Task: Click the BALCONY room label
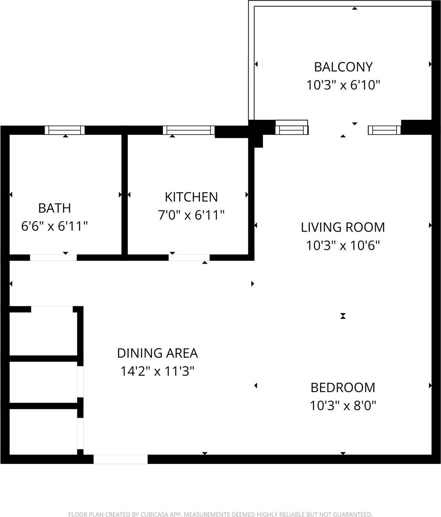[x=343, y=67]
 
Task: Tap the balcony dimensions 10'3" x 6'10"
[x=343, y=85]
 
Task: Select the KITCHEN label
[x=191, y=197]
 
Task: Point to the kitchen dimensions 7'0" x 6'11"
[x=191, y=215]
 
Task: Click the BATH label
[x=55, y=208]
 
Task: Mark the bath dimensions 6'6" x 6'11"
[x=55, y=226]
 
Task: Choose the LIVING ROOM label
[x=343, y=227]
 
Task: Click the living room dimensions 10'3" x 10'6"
[x=343, y=246]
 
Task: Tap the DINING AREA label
[x=157, y=353]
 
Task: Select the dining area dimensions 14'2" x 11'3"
[x=157, y=371]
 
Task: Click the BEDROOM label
[x=343, y=387]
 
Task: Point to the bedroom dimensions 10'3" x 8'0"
[x=343, y=406]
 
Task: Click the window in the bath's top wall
[x=65, y=130]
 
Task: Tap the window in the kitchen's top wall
[x=189, y=130]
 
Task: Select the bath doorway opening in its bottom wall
[x=53, y=258]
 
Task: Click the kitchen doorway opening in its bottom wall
[x=189, y=258]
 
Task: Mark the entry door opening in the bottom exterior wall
[x=120, y=459]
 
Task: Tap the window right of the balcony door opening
[x=384, y=130]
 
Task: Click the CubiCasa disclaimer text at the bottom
[x=220, y=514]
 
